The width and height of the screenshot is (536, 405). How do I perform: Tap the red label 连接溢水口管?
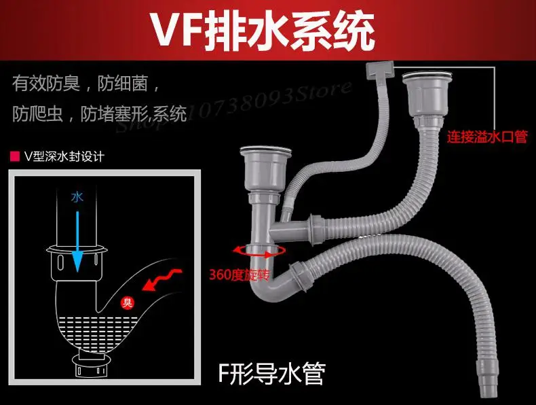coord(486,137)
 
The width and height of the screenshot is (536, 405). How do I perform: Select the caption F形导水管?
coord(271,372)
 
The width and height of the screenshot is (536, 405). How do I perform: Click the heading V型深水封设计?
coord(63,157)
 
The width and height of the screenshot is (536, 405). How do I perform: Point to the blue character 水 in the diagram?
coord(77,197)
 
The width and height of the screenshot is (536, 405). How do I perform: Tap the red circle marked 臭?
coord(126,303)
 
